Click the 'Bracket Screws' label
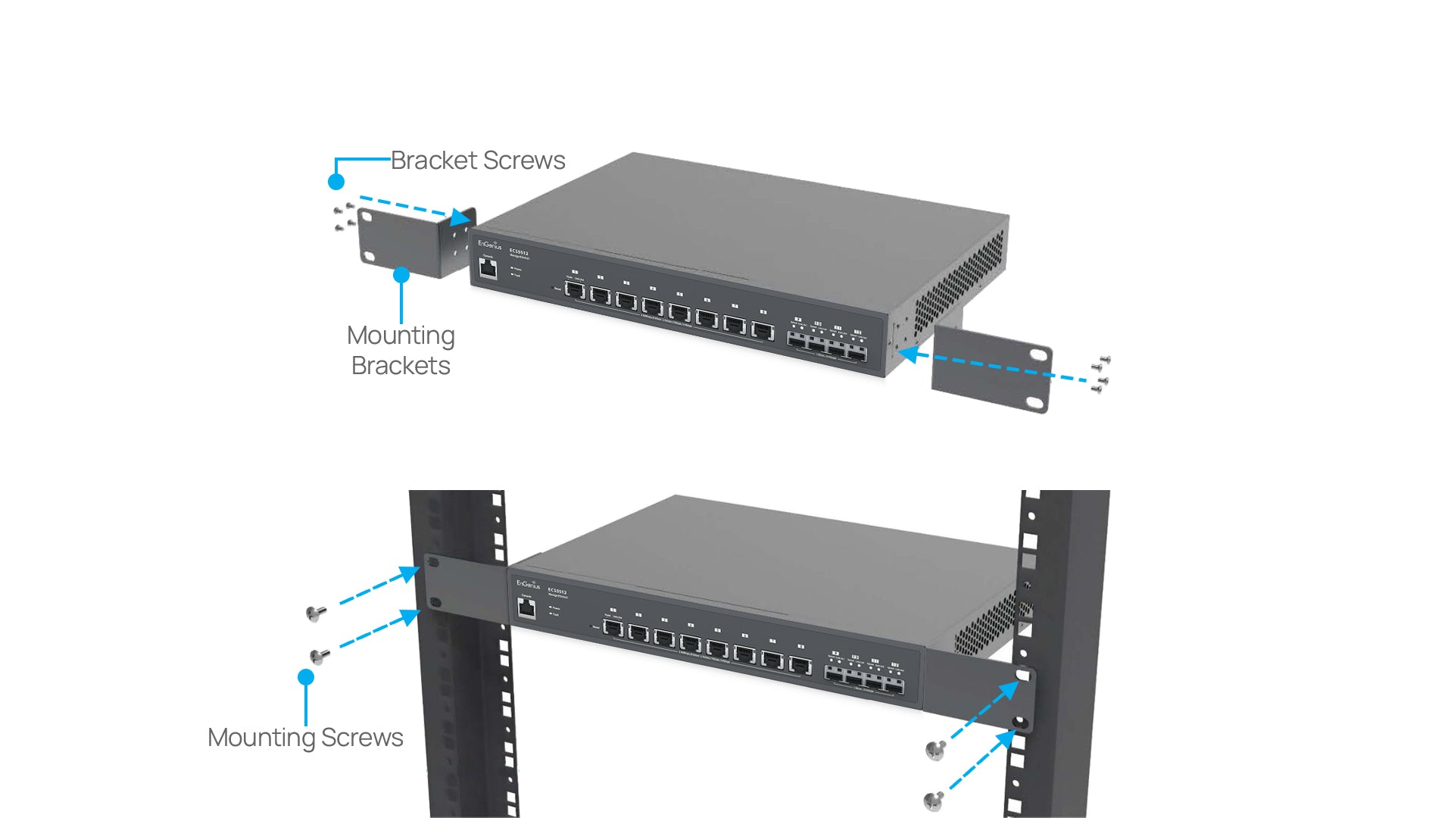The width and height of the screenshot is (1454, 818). click(478, 161)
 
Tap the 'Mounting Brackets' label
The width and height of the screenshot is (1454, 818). click(401, 351)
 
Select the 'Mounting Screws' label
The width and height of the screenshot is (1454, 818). click(305, 738)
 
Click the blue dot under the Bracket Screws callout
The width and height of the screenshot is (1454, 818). click(336, 182)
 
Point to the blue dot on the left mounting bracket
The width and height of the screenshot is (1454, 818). click(401, 275)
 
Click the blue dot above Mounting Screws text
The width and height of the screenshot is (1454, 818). click(306, 677)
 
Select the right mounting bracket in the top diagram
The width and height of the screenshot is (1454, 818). click(992, 368)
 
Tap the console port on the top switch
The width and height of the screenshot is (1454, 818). click(488, 268)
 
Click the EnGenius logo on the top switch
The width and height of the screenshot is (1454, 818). click(490, 245)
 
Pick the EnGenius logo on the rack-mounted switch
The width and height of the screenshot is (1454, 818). click(529, 584)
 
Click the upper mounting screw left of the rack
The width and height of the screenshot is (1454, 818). click(316, 613)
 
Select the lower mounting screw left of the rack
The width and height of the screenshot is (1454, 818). click(320, 656)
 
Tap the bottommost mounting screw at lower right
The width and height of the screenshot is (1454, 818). click(934, 801)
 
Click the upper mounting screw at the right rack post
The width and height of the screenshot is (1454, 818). click(936, 750)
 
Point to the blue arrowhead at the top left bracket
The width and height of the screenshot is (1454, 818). click(460, 217)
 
